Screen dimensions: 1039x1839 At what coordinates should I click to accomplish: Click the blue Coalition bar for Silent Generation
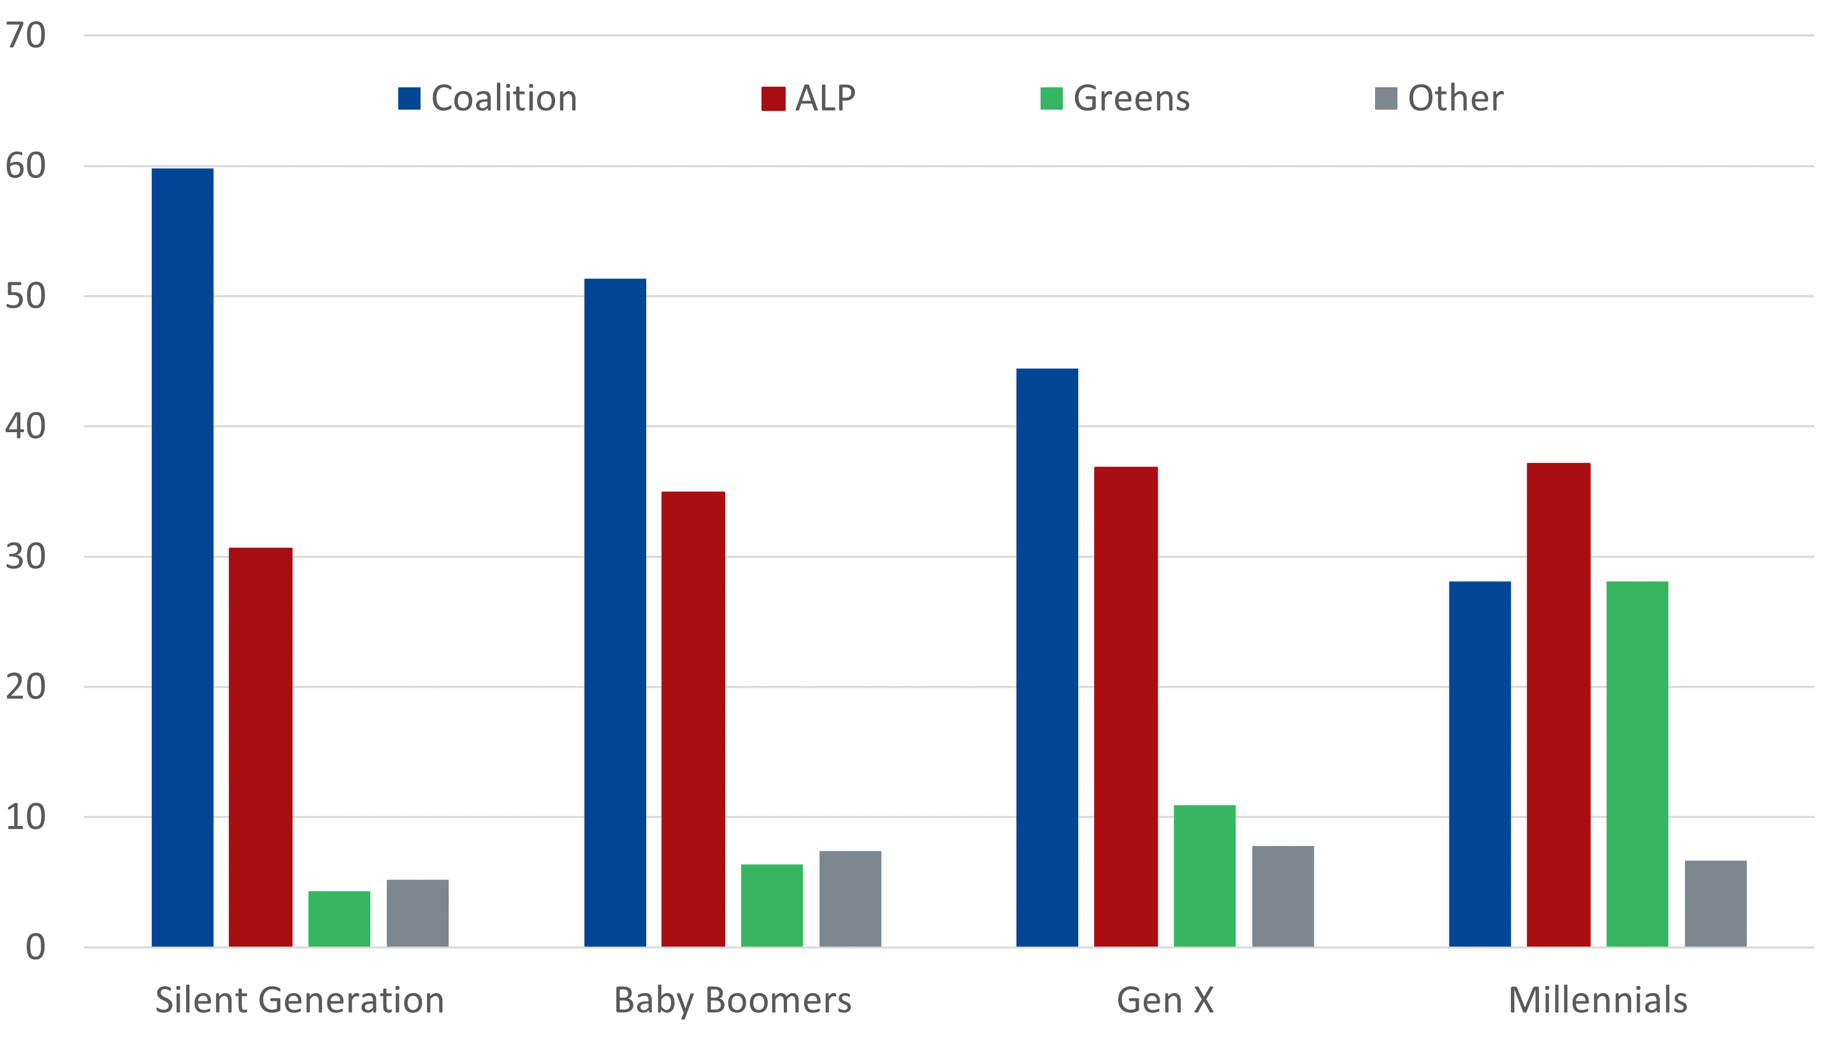click(x=182, y=557)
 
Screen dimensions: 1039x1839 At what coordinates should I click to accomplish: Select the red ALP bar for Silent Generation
click(x=261, y=747)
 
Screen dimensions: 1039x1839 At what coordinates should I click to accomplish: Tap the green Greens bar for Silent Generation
click(x=339, y=919)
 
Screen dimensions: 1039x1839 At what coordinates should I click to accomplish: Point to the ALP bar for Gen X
click(x=1126, y=707)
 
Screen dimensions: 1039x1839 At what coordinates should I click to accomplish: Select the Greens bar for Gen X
click(x=1204, y=876)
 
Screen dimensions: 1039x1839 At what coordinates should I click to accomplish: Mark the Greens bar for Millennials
click(x=1637, y=764)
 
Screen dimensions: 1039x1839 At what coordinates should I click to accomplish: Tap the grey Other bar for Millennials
click(x=1715, y=904)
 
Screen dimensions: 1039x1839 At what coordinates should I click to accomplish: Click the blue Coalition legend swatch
click(x=409, y=99)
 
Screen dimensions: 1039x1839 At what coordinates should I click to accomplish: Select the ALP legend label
click(x=825, y=99)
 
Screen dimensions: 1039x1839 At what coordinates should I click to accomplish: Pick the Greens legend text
click(x=1132, y=99)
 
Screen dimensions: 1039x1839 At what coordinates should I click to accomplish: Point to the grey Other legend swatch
click(x=1386, y=99)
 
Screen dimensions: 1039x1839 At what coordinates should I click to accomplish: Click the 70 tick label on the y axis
click(x=25, y=36)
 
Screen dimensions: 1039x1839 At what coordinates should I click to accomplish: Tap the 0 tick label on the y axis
click(x=35, y=948)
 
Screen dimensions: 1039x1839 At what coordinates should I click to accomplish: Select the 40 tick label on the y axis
click(x=25, y=426)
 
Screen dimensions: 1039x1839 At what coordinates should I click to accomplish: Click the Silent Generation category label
click(x=300, y=999)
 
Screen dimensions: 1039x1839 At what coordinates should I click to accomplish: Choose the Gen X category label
click(x=1165, y=999)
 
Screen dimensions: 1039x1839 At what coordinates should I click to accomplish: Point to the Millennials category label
click(x=1597, y=999)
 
